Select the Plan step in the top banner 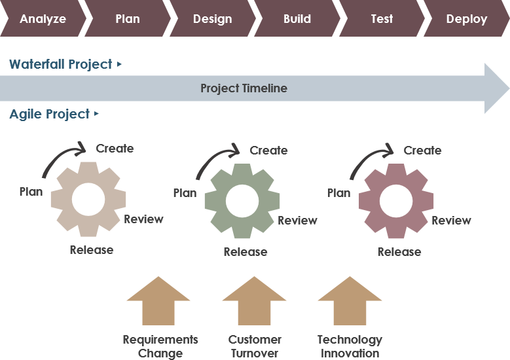point(127,18)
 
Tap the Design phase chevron point(212,18)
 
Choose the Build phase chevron point(297,18)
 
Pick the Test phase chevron point(382,18)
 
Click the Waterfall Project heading point(61,64)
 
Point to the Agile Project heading point(50,114)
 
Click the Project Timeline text point(244,88)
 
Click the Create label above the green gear point(268,151)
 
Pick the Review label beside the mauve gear point(451,221)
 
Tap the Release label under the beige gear point(92,250)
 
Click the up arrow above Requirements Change point(158,301)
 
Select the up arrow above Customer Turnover point(254,301)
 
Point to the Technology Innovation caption point(350,346)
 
